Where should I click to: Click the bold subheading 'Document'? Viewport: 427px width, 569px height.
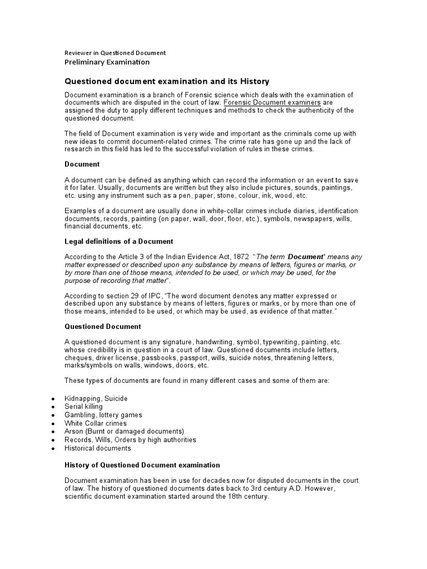click(x=82, y=164)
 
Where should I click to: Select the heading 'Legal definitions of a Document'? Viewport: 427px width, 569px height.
click(x=118, y=241)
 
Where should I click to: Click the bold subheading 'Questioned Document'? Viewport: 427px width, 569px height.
click(x=102, y=327)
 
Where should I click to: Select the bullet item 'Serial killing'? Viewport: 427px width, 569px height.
click(x=84, y=407)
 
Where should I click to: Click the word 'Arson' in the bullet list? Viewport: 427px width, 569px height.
click(x=74, y=431)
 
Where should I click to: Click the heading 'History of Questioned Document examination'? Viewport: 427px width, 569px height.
click(x=142, y=465)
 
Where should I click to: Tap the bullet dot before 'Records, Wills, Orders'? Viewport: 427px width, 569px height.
click(x=52, y=440)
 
